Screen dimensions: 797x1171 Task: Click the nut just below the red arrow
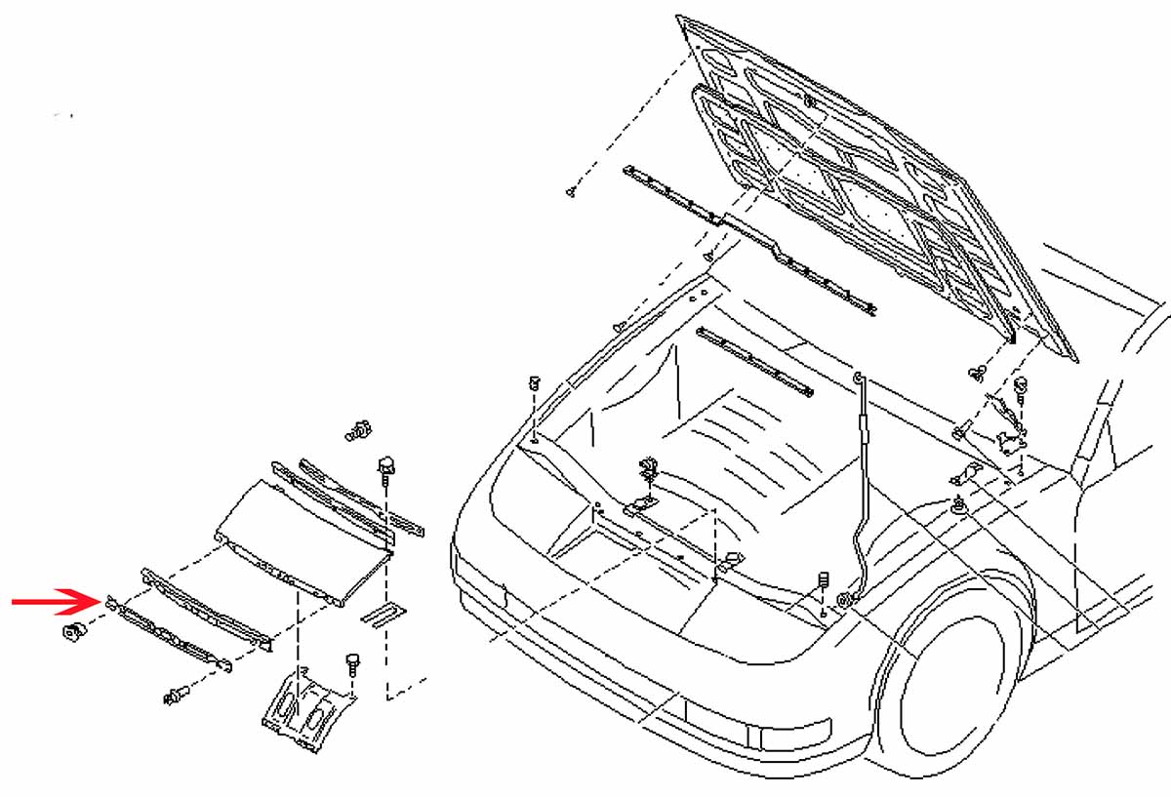tap(70, 632)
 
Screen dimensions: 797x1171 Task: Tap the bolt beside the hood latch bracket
tap(350, 666)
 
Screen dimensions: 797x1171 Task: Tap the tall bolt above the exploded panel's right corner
tap(386, 469)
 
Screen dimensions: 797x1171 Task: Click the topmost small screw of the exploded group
tap(358, 428)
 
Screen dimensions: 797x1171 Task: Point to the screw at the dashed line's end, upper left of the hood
tap(570, 192)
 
